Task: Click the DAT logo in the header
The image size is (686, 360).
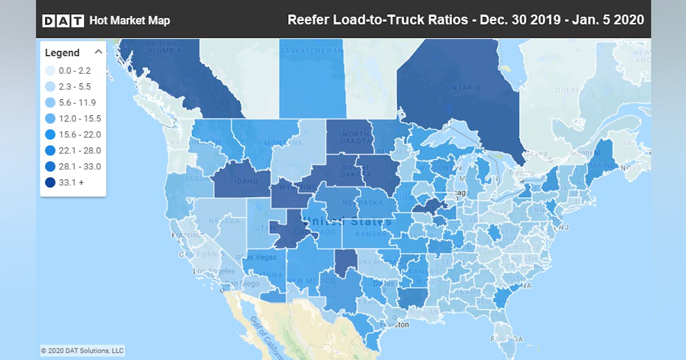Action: pyautogui.click(x=63, y=21)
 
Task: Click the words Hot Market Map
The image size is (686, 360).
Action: pyautogui.click(x=130, y=21)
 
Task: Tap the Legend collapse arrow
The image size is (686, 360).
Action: pyautogui.click(x=98, y=52)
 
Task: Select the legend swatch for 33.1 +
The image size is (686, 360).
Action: pyautogui.click(x=51, y=183)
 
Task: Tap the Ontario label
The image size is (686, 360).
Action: pyautogui.click(x=463, y=87)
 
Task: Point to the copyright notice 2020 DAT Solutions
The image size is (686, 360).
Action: pyautogui.click(x=82, y=350)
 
